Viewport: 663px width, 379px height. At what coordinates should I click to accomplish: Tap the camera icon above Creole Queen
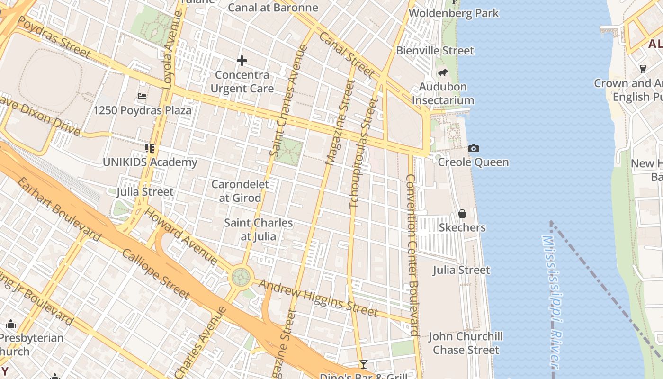(473, 148)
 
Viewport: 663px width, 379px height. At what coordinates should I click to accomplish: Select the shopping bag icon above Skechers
(462, 214)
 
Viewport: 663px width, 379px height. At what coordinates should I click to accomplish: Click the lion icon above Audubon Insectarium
(443, 73)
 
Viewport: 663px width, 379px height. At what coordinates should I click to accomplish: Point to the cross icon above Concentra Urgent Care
(242, 61)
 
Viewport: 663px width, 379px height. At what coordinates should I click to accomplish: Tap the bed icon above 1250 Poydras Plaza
(142, 96)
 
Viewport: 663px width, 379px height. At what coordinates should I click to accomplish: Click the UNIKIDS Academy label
(150, 162)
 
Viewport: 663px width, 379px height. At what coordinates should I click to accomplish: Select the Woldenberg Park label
(454, 13)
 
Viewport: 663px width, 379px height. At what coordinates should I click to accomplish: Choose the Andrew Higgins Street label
(319, 298)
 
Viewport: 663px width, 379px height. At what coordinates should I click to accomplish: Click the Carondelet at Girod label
(240, 191)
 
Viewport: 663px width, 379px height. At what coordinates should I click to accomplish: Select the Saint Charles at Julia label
(258, 229)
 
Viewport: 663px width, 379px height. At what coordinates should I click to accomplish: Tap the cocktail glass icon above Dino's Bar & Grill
(363, 364)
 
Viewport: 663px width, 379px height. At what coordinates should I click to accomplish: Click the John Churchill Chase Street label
(466, 343)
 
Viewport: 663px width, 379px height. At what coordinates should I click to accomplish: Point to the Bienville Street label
(435, 51)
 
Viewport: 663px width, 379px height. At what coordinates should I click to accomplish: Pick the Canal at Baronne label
(273, 8)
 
